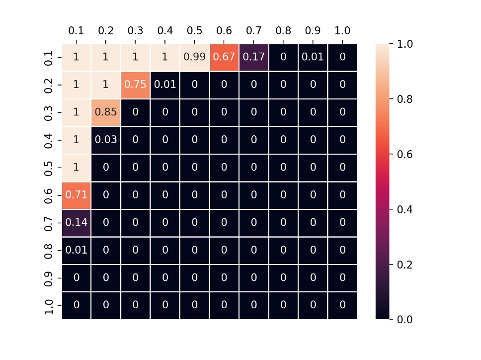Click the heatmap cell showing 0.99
194,57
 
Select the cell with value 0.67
224,57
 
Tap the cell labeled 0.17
253,57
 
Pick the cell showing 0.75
135,85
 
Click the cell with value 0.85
106,112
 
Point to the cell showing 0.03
106,140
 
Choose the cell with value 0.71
76,195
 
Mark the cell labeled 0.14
76,223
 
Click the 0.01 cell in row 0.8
76,250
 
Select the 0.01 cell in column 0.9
313,57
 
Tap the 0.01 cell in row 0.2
165,85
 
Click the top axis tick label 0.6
224,31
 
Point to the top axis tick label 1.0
342,31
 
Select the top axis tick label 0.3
135,31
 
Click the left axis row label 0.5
49,168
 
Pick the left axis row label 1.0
49,305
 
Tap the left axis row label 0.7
49,223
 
